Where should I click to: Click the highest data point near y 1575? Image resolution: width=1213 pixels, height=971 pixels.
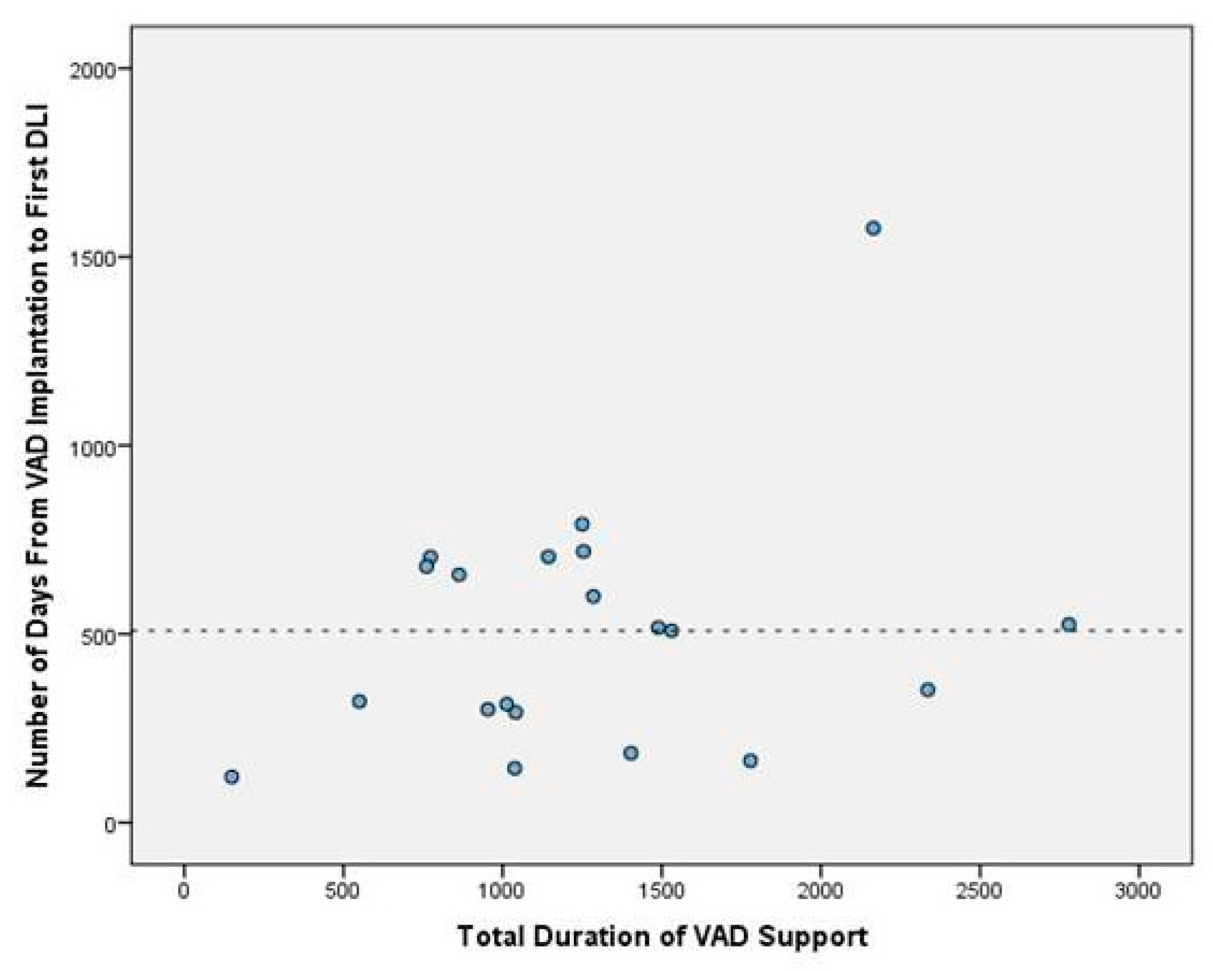(873, 228)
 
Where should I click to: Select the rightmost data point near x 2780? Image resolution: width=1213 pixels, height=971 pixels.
(1069, 624)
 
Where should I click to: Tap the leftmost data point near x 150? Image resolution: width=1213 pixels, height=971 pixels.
(231, 777)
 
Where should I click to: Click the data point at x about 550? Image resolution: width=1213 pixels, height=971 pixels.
(359, 701)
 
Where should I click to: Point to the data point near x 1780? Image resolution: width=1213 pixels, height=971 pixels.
(750, 761)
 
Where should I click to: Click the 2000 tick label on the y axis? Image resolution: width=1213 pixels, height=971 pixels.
(91, 68)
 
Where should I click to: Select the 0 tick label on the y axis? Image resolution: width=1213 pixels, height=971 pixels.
(109, 822)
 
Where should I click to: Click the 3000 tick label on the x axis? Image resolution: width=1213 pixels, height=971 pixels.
(1139, 892)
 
